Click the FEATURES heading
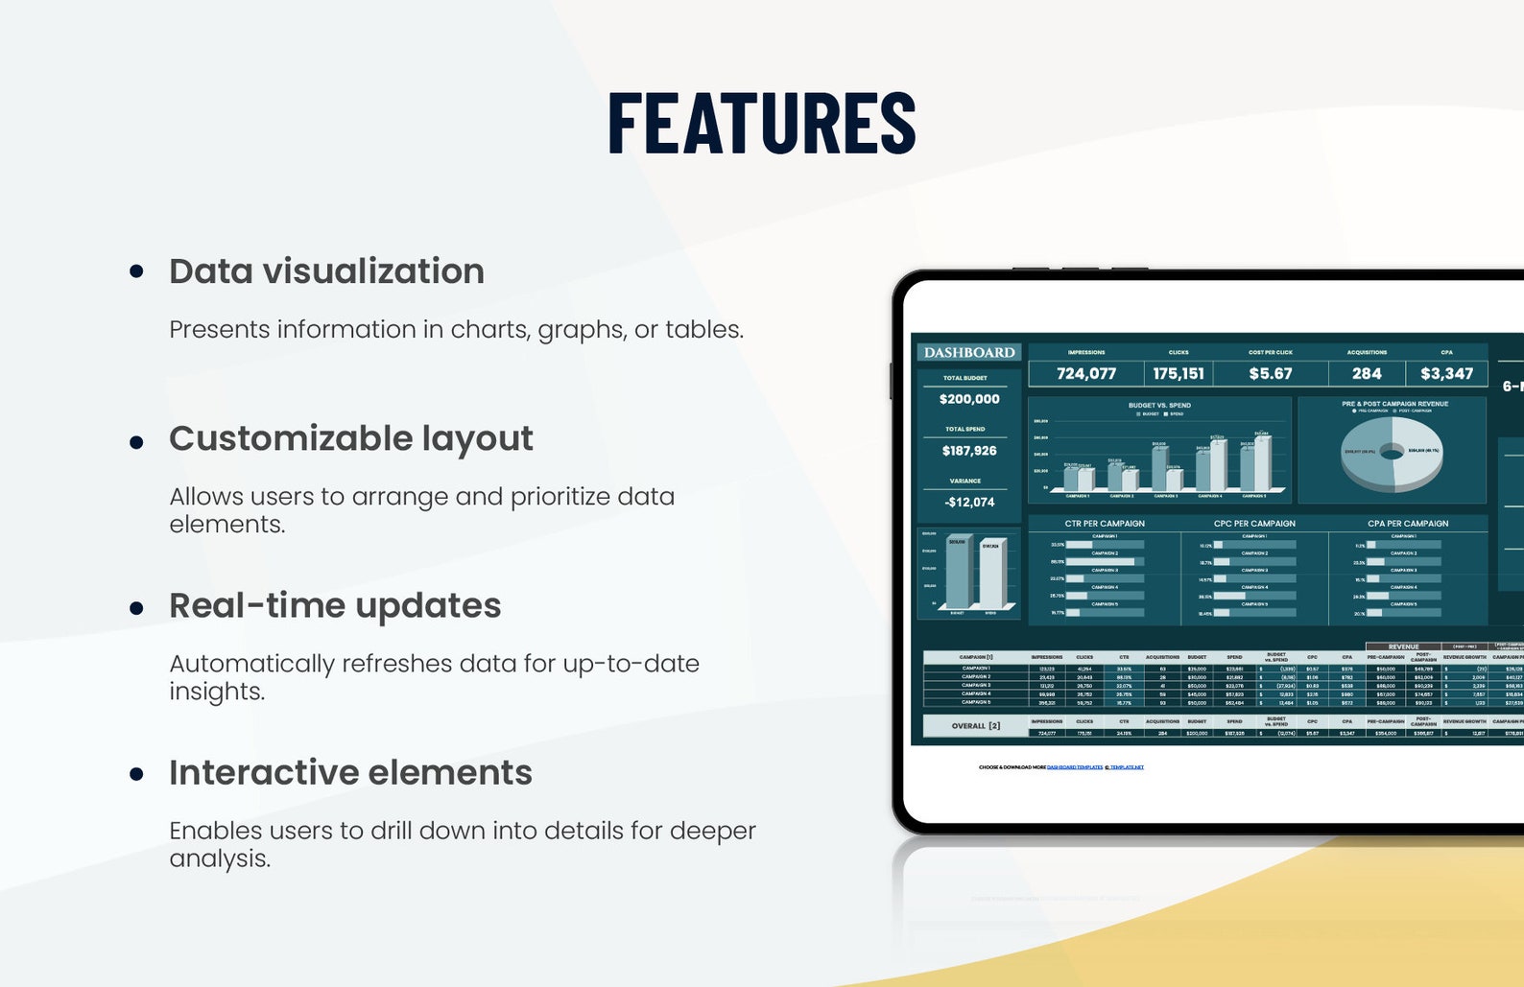(x=762, y=123)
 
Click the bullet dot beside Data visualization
(x=136, y=271)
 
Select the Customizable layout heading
(x=350, y=438)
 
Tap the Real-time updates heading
(x=335, y=605)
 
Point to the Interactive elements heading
(x=350, y=772)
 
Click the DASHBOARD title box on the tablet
(x=969, y=352)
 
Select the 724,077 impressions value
(x=1085, y=373)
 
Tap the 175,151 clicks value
(x=1179, y=373)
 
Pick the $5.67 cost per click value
(x=1271, y=373)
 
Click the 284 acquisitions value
(x=1367, y=373)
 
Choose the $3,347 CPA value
(x=1446, y=373)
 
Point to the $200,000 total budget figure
(x=969, y=399)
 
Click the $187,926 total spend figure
(x=969, y=451)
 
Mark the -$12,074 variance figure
(x=969, y=503)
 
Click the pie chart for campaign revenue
(x=1392, y=453)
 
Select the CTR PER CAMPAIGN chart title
(x=1105, y=524)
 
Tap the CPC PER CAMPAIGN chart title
(x=1254, y=524)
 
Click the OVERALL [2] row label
(x=975, y=726)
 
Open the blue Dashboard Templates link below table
(x=1075, y=767)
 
